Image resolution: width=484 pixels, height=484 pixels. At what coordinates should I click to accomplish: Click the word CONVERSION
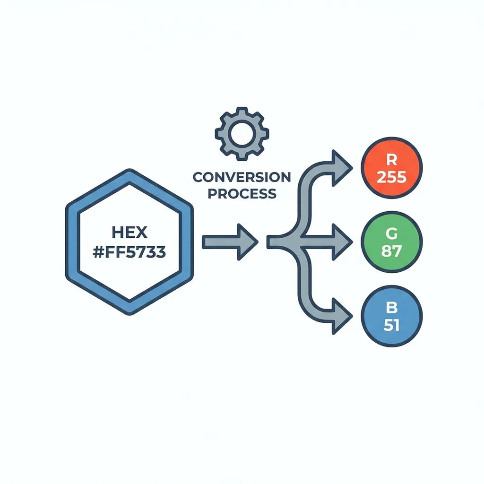point(242,177)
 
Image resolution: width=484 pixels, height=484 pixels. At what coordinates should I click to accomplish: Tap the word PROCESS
point(242,193)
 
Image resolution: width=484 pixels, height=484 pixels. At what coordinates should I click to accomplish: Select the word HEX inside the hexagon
point(130,232)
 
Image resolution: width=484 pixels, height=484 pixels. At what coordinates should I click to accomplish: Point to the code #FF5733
point(130,252)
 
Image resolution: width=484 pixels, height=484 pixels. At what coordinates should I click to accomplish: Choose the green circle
point(391,242)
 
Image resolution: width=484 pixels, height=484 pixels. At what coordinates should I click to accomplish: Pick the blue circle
point(391,316)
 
